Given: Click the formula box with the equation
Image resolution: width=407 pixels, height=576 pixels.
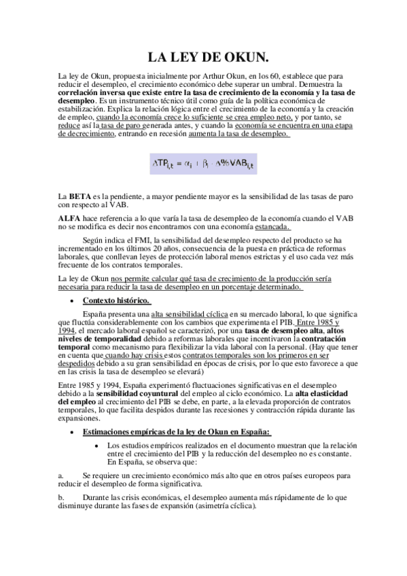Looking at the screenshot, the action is [x=203, y=164].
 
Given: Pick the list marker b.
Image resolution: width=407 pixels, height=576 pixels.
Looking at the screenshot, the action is [x=60, y=498].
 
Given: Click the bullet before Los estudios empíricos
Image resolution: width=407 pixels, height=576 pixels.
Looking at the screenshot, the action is [x=101, y=446].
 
